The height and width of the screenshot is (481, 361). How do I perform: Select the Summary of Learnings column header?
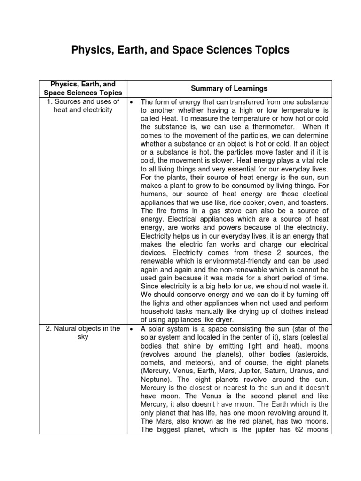click(229, 88)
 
